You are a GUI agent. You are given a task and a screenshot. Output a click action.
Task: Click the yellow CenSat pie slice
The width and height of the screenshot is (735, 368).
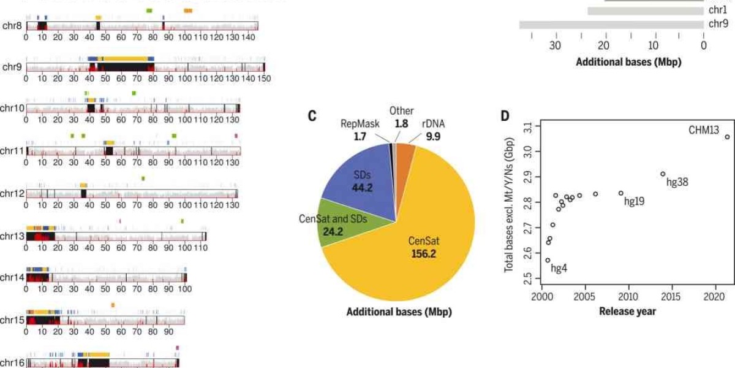pos(417,245)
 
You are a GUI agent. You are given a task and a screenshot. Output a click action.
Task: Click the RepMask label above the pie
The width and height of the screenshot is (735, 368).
pos(356,123)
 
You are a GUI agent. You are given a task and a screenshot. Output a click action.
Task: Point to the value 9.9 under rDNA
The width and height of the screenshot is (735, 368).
pos(434,136)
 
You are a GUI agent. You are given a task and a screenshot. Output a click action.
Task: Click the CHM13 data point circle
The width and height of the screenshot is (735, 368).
pos(727,137)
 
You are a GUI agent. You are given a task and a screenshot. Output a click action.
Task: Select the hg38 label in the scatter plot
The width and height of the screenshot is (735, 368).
pos(679,182)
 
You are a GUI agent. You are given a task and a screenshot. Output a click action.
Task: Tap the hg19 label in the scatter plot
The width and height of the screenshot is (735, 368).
pos(634,201)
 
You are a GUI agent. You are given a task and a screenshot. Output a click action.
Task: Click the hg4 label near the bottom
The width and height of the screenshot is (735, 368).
pos(559,268)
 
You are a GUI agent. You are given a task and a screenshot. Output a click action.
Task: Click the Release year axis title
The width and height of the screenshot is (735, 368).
pos(627,311)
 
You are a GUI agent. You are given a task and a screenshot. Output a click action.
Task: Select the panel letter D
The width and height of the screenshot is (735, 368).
pos(505,115)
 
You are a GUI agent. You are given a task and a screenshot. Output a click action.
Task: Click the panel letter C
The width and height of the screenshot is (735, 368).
pos(312,115)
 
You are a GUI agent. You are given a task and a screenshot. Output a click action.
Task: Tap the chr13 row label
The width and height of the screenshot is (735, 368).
pos(12,236)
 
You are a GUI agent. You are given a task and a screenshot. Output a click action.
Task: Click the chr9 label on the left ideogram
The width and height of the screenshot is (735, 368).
pos(12,67)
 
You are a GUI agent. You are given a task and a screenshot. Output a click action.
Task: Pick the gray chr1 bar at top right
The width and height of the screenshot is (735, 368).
pos(646,10)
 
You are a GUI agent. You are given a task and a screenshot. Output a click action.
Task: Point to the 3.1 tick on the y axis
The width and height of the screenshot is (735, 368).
pos(528,127)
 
